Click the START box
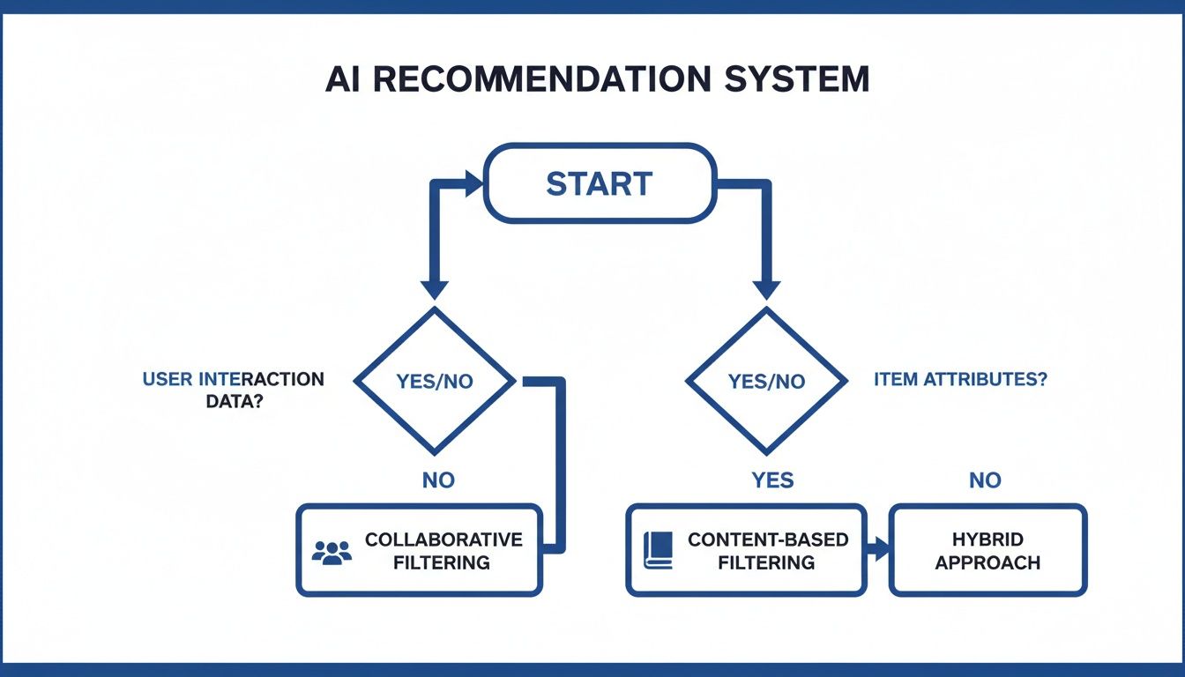tap(599, 183)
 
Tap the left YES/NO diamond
tap(435, 381)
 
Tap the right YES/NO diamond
tap(766, 381)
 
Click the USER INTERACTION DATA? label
tap(233, 389)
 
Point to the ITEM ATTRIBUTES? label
tap(960, 380)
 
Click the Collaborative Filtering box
tap(419, 550)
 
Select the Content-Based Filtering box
tap(745, 550)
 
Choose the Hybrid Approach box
tap(987, 550)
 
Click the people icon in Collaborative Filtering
tap(332, 552)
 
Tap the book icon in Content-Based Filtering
tap(658, 550)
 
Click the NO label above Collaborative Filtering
tap(438, 480)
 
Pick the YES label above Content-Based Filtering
tap(772, 480)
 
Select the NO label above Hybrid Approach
tap(985, 480)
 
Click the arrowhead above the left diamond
tap(435, 288)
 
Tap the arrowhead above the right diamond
tap(766, 288)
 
